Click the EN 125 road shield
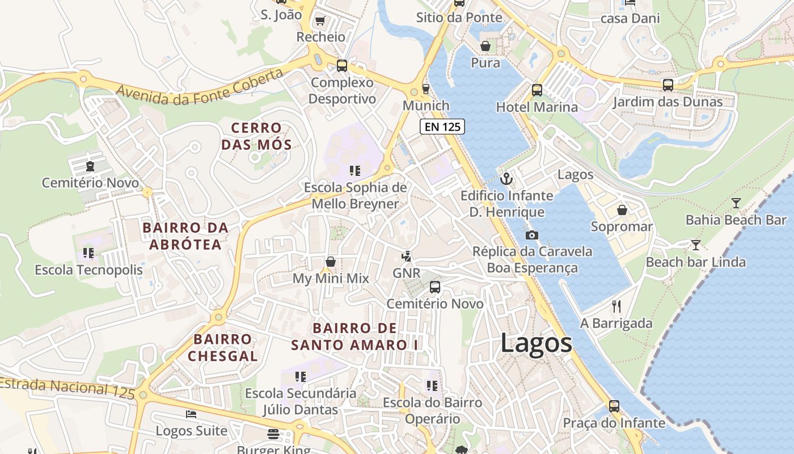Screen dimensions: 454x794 click(x=442, y=127)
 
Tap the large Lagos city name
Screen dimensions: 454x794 click(x=536, y=343)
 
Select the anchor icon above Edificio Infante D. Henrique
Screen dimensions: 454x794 click(x=506, y=179)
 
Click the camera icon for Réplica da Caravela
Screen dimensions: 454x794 click(x=531, y=235)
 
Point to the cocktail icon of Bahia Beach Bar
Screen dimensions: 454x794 click(x=736, y=203)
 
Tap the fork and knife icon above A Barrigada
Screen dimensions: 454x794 click(x=616, y=306)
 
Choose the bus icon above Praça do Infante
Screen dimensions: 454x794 click(x=614, y=406)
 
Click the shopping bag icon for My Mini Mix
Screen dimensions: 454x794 click(x=331, y=262)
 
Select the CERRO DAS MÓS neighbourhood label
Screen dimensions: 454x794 click(x=256, y=136)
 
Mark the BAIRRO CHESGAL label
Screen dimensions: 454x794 click(x=222, y=348)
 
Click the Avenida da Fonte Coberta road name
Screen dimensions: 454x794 click(x=199, y=87)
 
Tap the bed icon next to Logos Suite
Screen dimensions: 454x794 click(x=191, y=414)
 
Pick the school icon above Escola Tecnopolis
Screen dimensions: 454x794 click(x=88, y=253)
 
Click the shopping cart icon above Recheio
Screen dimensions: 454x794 click(x=320, y=20)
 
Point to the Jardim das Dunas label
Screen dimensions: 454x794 click(x=668, y=102)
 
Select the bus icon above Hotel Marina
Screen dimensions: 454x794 click(x=537, y=90)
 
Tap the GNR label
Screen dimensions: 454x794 click(x=407, y=273)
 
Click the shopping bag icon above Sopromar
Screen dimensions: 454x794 click(x=622, y=210)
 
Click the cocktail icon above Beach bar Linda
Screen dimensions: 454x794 click(x=696, y=245)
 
